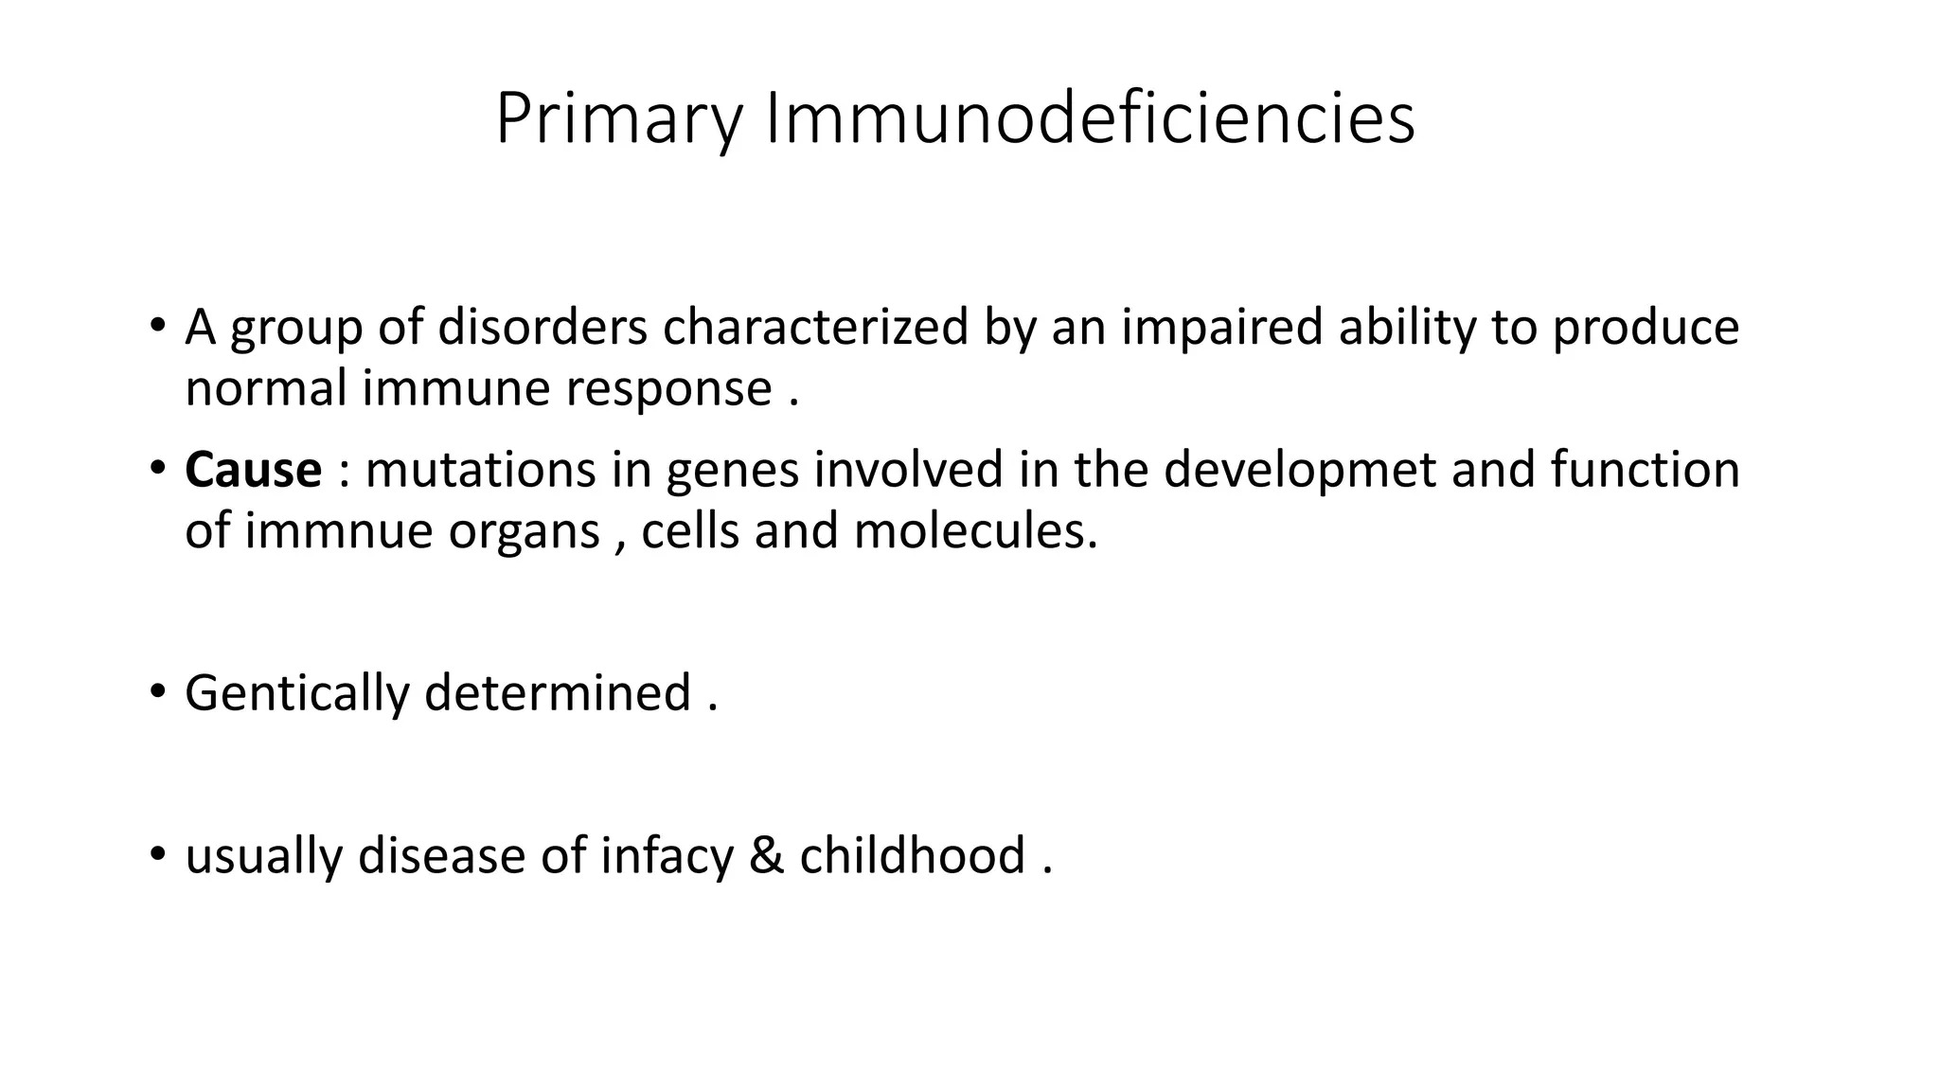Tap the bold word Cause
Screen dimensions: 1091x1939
(253, 470)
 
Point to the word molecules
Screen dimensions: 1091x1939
(975, 530)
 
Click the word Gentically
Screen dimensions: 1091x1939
(296, 694)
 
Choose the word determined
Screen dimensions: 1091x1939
(557, 692)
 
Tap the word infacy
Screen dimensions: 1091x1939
(667, 857)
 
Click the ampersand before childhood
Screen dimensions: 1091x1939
(766, 855)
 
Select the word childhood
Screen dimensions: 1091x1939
(912, 855)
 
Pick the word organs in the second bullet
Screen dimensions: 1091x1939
(524, 532)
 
